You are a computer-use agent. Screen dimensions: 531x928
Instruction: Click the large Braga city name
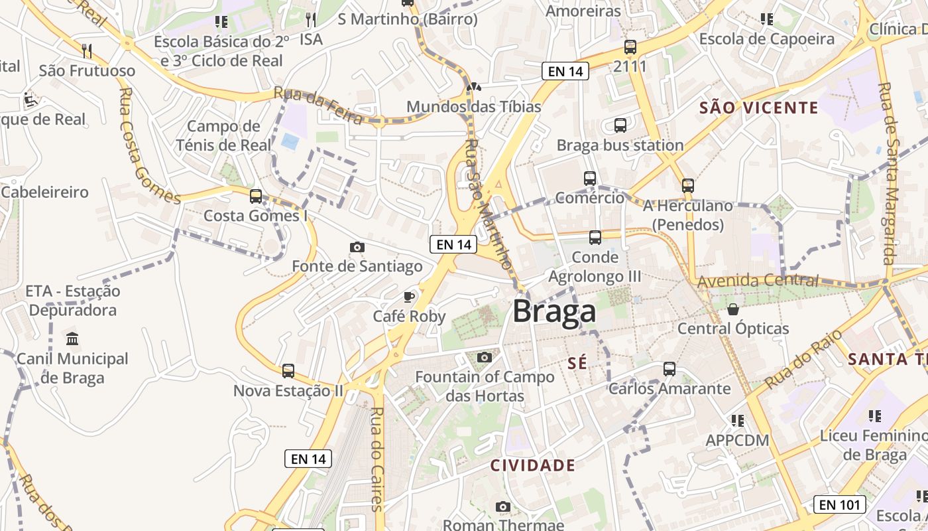(554, 312)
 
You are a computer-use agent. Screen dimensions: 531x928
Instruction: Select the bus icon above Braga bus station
(620, 125)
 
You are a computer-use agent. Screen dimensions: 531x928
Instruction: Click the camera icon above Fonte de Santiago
(357, 247)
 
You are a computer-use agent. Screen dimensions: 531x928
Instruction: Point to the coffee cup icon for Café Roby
(409, 297)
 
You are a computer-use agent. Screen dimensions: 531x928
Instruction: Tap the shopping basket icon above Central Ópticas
(733, 309)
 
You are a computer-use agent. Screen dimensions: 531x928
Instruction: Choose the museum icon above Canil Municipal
(72, 339)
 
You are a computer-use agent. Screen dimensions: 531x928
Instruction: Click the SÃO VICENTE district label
(758, 108)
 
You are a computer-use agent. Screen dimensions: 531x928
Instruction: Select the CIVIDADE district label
(532, 465)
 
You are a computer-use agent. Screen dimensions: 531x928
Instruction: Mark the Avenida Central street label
(757, 281)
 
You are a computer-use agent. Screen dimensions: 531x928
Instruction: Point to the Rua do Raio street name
(802, 358)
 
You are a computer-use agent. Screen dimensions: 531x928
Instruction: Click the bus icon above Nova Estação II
(288, 370)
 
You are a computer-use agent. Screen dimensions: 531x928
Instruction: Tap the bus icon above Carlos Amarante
(669, 369)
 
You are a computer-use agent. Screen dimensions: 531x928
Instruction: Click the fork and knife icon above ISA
(311, 19)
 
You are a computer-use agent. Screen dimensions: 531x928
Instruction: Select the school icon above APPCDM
(737, 420)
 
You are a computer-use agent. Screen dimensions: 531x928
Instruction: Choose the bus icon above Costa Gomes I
(256, 196)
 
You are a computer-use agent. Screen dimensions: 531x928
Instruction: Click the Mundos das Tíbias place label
(473, 107)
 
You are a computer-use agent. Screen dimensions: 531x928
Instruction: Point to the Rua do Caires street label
(377, 458)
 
